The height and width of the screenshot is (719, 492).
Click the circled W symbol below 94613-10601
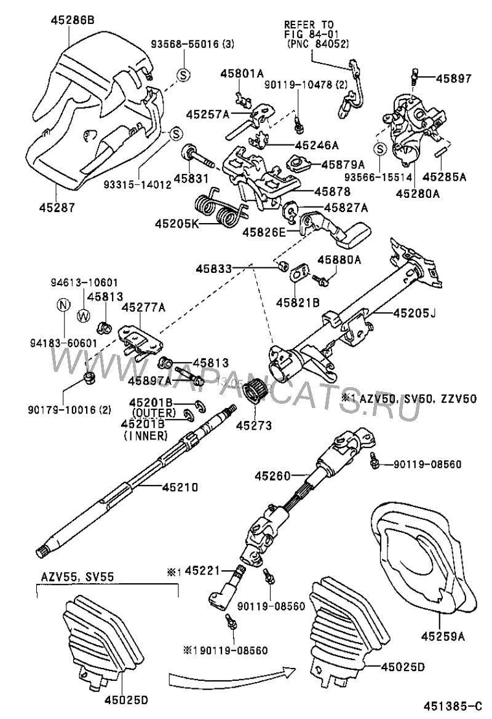point(84,315)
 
